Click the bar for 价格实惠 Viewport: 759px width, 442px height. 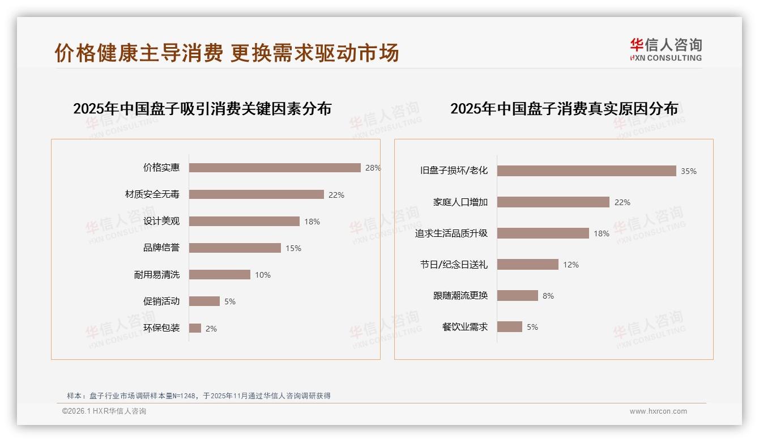pyautogui.click(x=275, y=168)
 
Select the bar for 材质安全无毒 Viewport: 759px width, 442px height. pyautogui.click(x=256, y=194)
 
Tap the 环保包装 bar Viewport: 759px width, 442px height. pyautogui.click(x=195, y=328)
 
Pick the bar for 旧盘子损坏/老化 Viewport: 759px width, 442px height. pyautogui.click(x=586, y=171)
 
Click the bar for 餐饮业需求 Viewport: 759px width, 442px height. pyautogui.click(x=510, y=327)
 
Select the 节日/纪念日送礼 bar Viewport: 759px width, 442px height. pyautogui.click(x=528, y=265)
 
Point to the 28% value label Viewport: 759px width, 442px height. pyautogui.click(x=373, y=168)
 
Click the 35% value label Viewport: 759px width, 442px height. pyautogui.click(x=688, y=171)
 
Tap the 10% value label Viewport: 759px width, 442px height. pyautogui.click(x=262, y=275)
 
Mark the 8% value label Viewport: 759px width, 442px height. pyautogui.click(x=548, y=296)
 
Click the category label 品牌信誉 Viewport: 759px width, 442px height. pyautogui.click(x=161, y=248)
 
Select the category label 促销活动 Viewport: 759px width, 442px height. pyautogui.click(x=161, y=301)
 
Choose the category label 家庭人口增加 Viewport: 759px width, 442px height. pyautogui.click(x=460, y=202)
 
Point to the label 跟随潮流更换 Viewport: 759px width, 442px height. pyautogui.click(x=460, y=296)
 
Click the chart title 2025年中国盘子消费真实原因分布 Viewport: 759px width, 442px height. pyautogui.click(x=564, y=109)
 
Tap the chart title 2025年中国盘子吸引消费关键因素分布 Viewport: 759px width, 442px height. pyautogui.click(x=202, y=109)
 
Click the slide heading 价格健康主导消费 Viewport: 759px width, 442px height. pyautogui.click(x=138, y=53)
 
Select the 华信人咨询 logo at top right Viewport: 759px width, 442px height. pyautogui.click(x=666, y=50)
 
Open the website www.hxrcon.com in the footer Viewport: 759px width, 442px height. pyautogui.click(x=658, y=411)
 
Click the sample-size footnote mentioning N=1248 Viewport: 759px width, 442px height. pyautogui.click(x=198, y=396)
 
